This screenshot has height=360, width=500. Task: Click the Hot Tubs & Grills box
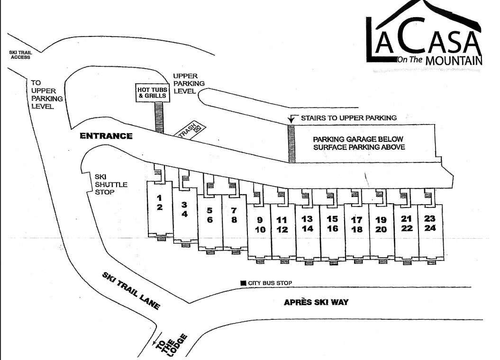pos(152,92)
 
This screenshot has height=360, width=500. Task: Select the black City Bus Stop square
pos(243,283)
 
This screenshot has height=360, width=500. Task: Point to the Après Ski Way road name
pos(316,302)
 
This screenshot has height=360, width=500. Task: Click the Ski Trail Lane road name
pos(131,291)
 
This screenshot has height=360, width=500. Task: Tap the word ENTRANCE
pos(106,136)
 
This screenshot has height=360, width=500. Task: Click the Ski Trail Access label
pos(19,54)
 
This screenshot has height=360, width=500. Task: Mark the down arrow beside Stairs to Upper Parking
pos(291,119)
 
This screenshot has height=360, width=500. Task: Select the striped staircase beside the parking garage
pos(292,144)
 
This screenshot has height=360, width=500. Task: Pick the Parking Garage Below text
pos(358,139)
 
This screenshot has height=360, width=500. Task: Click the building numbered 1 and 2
pos(160,202)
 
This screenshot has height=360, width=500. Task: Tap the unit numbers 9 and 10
pos(259,225)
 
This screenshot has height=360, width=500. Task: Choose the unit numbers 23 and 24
pos(430,223)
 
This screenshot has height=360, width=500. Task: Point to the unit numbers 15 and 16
pos(332,224)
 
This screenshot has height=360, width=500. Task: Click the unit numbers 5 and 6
pos(210,215)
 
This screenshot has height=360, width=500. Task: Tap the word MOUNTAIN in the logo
pos(454,60)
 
